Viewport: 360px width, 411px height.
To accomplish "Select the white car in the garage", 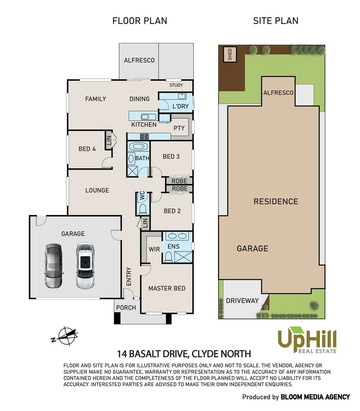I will (85, 266).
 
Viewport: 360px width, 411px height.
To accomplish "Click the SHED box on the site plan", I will (229, 54).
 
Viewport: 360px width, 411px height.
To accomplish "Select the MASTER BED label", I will (167, 288).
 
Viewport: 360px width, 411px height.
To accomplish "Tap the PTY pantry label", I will (179, 128).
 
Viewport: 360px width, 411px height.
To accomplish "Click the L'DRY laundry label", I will (180, 106).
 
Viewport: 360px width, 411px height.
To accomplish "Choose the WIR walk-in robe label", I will (154, 249).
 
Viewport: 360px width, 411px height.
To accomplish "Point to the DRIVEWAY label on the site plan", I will (242, 300).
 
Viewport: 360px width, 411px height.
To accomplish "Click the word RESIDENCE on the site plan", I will (276, 201).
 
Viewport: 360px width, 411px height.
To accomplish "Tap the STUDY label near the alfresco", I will (176, 85).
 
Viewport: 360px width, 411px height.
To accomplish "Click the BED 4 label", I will (87, 149).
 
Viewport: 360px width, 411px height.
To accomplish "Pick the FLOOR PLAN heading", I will (140, 21).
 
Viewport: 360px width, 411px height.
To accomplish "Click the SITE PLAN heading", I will (276, 21).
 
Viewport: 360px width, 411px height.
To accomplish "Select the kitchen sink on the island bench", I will (146, 116).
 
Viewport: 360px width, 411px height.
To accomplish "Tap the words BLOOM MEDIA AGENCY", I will (315, 397).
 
